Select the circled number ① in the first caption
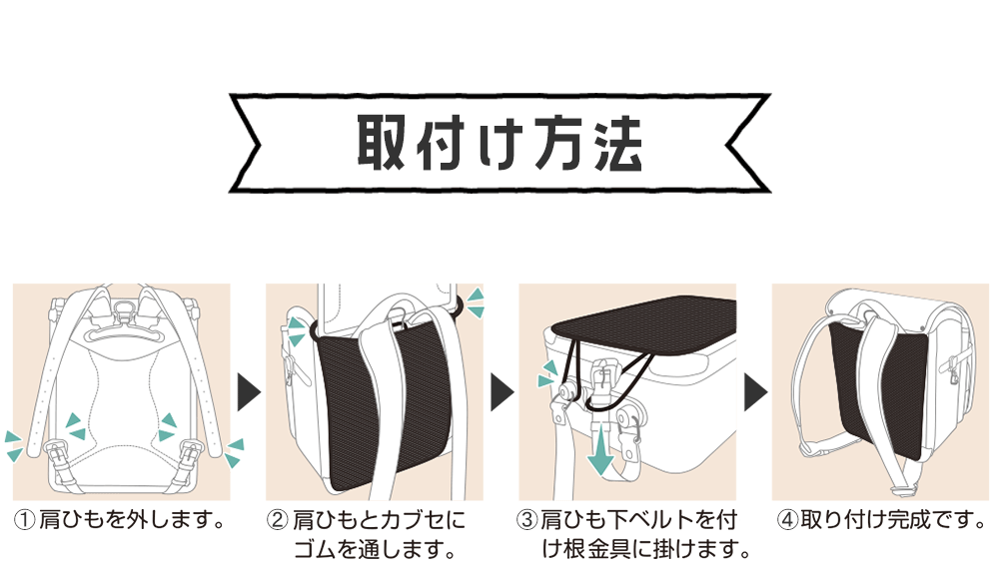(25, 520)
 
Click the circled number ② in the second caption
(277, 520)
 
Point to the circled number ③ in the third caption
(528, 520)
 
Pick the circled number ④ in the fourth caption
(786, 520)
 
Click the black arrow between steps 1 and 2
(248, 393)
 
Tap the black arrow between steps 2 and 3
(500, 393)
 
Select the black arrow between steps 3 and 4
(754, 393)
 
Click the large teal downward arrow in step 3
(598, 454)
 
